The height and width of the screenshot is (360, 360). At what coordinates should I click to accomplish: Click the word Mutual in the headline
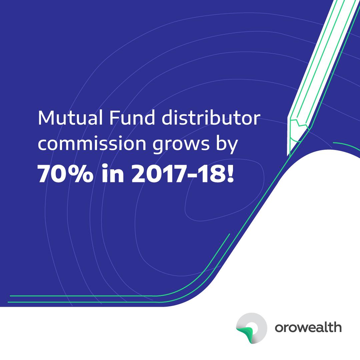(x=70, y=118)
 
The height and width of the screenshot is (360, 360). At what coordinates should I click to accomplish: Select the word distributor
(x=211, y=118)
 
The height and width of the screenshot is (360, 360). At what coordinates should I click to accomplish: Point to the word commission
(x=92, y=143)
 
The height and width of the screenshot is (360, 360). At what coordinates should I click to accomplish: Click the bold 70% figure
(x=65, y=174)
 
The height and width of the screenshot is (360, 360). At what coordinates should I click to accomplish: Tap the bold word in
(x=113, y=173)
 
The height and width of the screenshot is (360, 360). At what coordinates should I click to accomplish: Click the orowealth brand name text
(x=308, y=327)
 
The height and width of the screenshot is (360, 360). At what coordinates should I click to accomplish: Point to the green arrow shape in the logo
(x=246, y=335)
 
